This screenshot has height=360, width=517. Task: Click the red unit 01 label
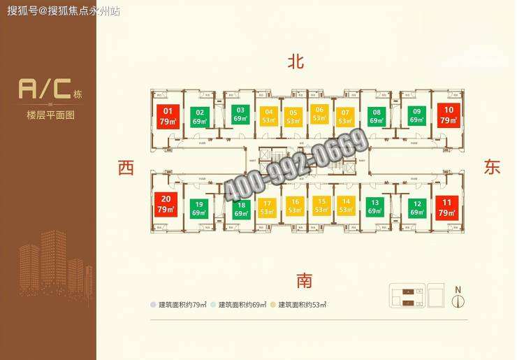tap(168, 115)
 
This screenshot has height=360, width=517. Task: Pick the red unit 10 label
tap(448, 114)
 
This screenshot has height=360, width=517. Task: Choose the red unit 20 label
tap(165, 203)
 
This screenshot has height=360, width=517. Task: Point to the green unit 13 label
tap(374, 207)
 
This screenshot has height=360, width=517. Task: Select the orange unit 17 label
tap(266, 208)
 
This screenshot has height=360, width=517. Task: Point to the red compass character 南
tap(304, 281)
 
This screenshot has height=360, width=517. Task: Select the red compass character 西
tap(126, 168)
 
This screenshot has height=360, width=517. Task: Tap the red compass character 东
tap(493, 167)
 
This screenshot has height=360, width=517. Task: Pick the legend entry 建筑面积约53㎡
tap(302, 305)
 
